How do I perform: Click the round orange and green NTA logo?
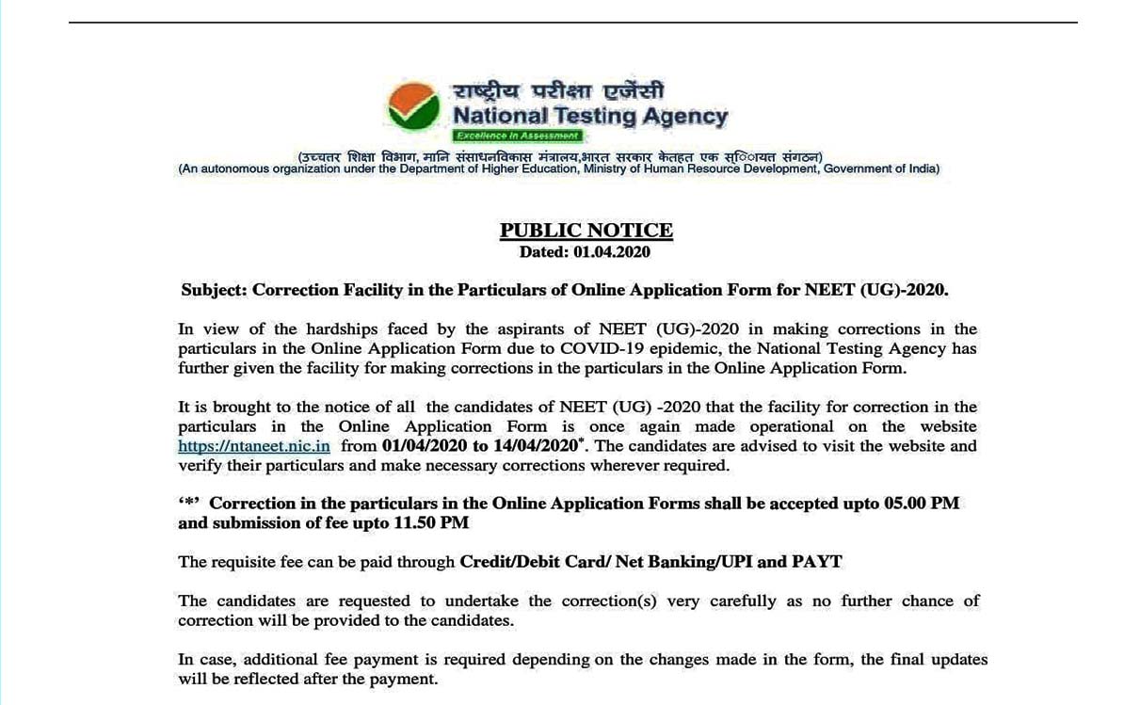click(413, 107)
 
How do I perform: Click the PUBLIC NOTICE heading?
click(586, 231)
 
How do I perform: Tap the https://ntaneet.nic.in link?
click(254, 446)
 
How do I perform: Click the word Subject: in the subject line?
click(214, 290)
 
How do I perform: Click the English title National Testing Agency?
click(590, 117)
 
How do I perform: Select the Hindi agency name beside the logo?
click(559, 92)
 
